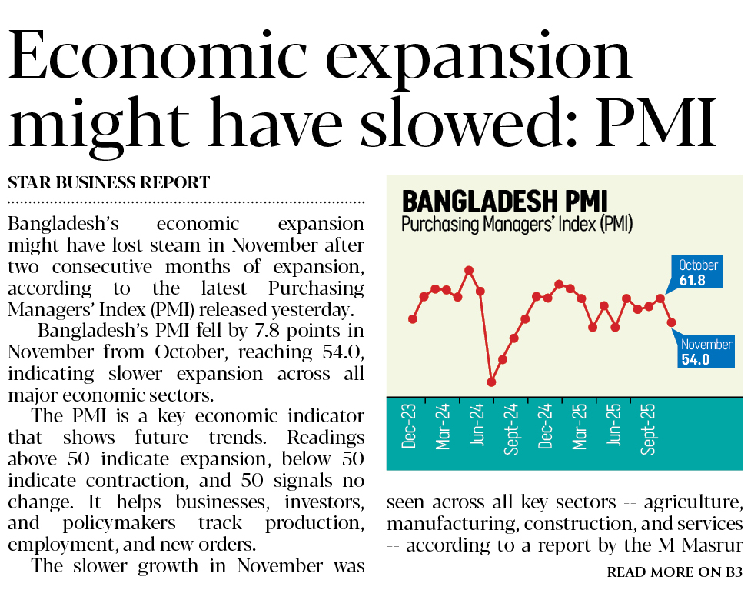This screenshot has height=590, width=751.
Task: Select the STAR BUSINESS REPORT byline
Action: coord(108,183)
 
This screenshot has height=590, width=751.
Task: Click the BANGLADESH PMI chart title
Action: coord(504,202)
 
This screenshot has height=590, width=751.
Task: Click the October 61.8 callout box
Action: coord(698,273)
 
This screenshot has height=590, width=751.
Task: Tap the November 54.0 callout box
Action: coord(706,352)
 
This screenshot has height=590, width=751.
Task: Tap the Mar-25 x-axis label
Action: coord(579,428)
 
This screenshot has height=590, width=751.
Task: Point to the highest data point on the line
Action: coord(469,270)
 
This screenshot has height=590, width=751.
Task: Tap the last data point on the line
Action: coord(671,322)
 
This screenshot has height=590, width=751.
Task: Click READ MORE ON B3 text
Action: coord(674,572)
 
